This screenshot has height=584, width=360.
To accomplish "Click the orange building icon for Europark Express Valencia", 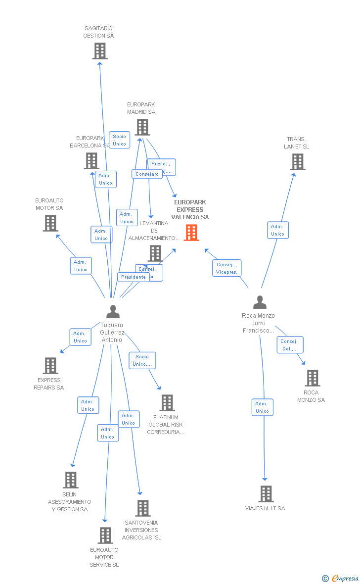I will pyautogui.click(x=191, y=233).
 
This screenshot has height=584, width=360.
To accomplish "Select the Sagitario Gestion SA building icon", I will pyautogui.click(x=100, y=51).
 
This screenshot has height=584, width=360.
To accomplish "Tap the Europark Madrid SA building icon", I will pyautogui.click(x=142, y=127).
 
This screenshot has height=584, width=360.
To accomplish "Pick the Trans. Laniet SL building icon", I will pyautogui.click(x=298, y=162).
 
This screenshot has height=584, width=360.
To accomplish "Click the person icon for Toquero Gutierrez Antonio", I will pyautogui.click(x=113, y=312).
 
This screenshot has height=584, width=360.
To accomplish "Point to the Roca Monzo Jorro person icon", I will pyautogui.click(x=260, y=302).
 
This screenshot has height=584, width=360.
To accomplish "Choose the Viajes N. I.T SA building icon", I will pyautogui.click(x=266, y=494).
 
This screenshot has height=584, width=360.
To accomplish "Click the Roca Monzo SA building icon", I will pyautogui.click(x=313, y=378).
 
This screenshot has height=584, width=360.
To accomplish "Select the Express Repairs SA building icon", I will pyautogui.click(x=50, y=366).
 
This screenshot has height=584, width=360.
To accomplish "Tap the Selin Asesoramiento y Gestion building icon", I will pyautogui.click(x=71, y=480).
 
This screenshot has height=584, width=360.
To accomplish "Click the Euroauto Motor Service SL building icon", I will pyautogui.click(x=105, y=535).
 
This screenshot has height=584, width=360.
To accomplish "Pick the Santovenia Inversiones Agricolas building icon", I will pyautogui.click(x=143, y=508).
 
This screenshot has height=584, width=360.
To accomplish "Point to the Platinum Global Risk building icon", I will pyautogui.click(x=167, y=403).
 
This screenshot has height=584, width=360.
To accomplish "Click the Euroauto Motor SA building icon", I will pyautogui.click(x=50, y=223).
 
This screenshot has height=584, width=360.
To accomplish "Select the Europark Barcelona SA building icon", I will pyautogui.click(x=91, y=161).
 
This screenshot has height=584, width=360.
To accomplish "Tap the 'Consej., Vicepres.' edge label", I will pyautogui.click(x=227, y=268).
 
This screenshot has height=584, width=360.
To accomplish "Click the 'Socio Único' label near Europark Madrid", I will pyautogui.click(x=120, y=140).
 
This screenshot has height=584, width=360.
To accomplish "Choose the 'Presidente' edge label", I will pyautogui.click(x=134, y=277).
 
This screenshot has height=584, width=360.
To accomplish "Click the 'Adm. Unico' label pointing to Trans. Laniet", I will pyautogui.click(x=278, y=230).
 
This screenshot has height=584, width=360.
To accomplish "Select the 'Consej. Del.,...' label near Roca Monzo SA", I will pyautogui.click(x=290, y=345).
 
